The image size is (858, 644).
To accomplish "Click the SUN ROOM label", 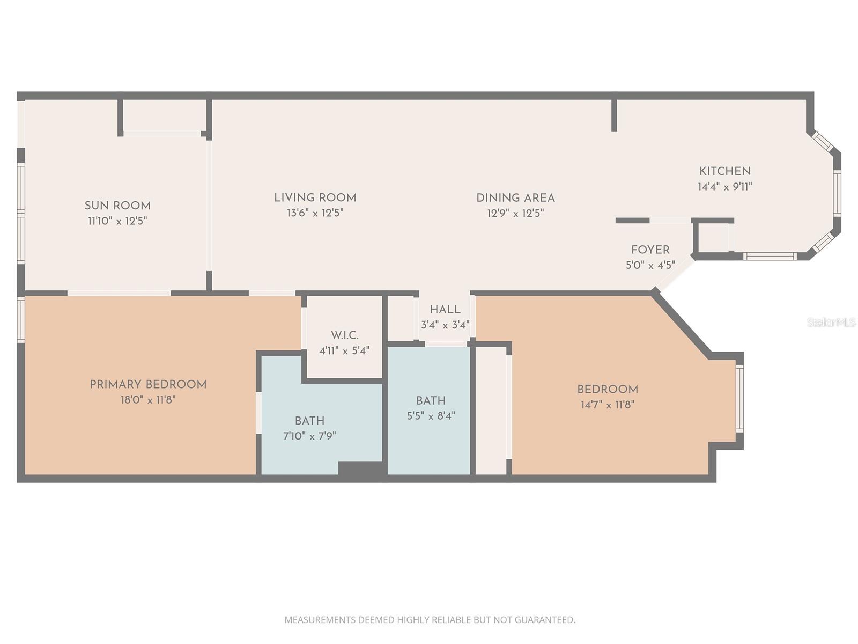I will (x=117, y=206).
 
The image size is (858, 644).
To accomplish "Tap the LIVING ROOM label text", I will (x=315, y=197).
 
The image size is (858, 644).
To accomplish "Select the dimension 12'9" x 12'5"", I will (x=515, y=213).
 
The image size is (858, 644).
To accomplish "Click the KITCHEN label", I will (x=725, y=171).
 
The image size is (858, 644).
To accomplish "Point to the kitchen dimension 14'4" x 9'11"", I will (x=725, y=187).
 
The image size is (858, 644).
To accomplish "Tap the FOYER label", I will (x=650, y=250).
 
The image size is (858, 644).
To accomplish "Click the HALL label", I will (x=445, y=310).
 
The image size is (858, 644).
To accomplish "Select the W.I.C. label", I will (x=344, y=335).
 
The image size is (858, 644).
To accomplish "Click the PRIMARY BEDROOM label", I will (x=148, y=384).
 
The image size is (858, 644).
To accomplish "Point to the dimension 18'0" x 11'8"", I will (x=148, y=400).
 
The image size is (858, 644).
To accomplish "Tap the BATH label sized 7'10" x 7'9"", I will (x=309, y=421).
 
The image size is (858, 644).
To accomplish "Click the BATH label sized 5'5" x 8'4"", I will (x=431, y=400).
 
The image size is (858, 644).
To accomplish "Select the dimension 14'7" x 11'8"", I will (x=608, y=405).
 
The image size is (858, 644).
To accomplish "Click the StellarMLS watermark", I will (x=831, y=323).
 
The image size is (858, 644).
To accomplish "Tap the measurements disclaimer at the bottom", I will (x=430, y=620).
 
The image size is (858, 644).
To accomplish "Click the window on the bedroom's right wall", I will (x=740, y=398).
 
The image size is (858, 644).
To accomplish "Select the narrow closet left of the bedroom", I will (x=491, y=411).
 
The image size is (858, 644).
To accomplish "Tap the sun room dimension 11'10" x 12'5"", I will (x=117, y=221).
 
